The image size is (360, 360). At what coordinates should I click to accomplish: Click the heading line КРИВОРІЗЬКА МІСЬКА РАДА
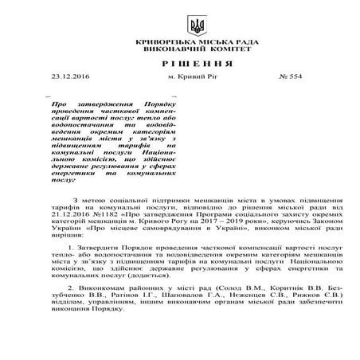179,41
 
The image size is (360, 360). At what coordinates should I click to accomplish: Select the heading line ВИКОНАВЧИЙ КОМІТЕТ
179,49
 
